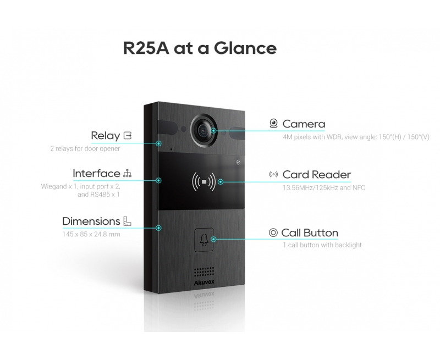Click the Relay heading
click(x=105, y=135)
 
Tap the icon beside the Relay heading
click(x=128, y=135)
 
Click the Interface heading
click(x=96, y=174)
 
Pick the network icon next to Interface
click(x=128, y=174)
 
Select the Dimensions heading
click(x=91, y=221)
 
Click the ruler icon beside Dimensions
click(x=127, y=221)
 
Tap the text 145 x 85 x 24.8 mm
click(x=91, y=235)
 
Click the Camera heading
click(x=304, y=124)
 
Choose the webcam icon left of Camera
click(x=273, y=124)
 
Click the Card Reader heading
click(x=316, y=175)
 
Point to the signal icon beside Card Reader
click(x=273, y=175)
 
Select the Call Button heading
click(x=310, y=232)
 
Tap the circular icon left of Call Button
click(x=273, y=232)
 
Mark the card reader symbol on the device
click(x=205, y=180)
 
